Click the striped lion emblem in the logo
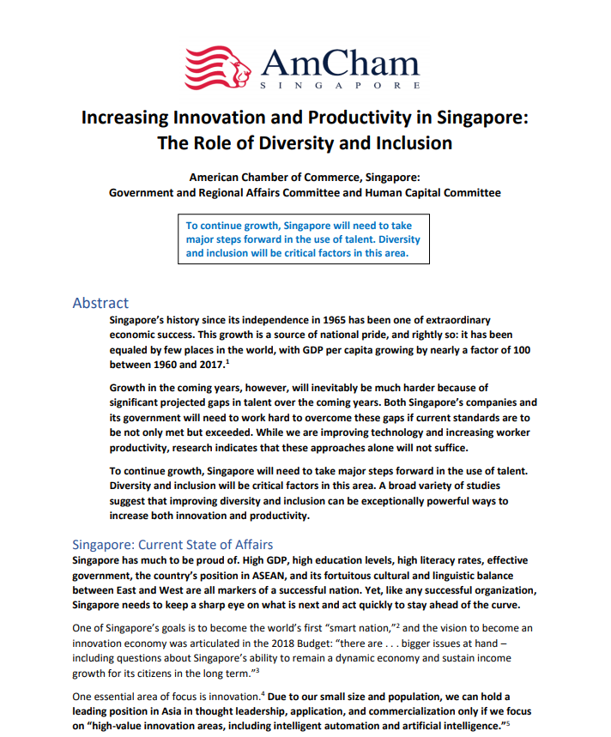(218, 67)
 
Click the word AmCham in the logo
(340, 63)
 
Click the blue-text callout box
(304, 239)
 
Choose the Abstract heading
(100, 303)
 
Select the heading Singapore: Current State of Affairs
(172, 544)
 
